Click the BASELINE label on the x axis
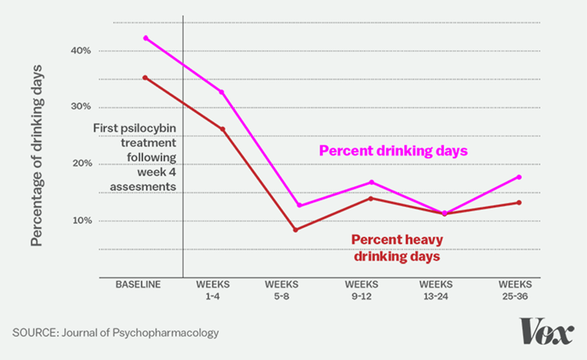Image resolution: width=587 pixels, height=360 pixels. click(138, 284)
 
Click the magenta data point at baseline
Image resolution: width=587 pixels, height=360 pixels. click(145, 38)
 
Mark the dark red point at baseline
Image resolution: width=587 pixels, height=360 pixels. click(145, 78)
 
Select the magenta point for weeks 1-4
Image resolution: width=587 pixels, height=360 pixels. click(222, 92)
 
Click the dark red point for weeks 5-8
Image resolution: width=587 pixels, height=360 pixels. click(295, 230)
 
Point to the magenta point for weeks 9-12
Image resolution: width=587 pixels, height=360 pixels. click(371, 183)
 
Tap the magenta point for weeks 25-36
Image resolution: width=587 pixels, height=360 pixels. click(519, 177)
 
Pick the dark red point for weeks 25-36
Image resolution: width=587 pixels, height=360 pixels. click(519, 203)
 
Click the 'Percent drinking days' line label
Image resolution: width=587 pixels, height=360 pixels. click(394, 151)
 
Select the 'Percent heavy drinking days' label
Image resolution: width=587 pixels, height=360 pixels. click(397, 248)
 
